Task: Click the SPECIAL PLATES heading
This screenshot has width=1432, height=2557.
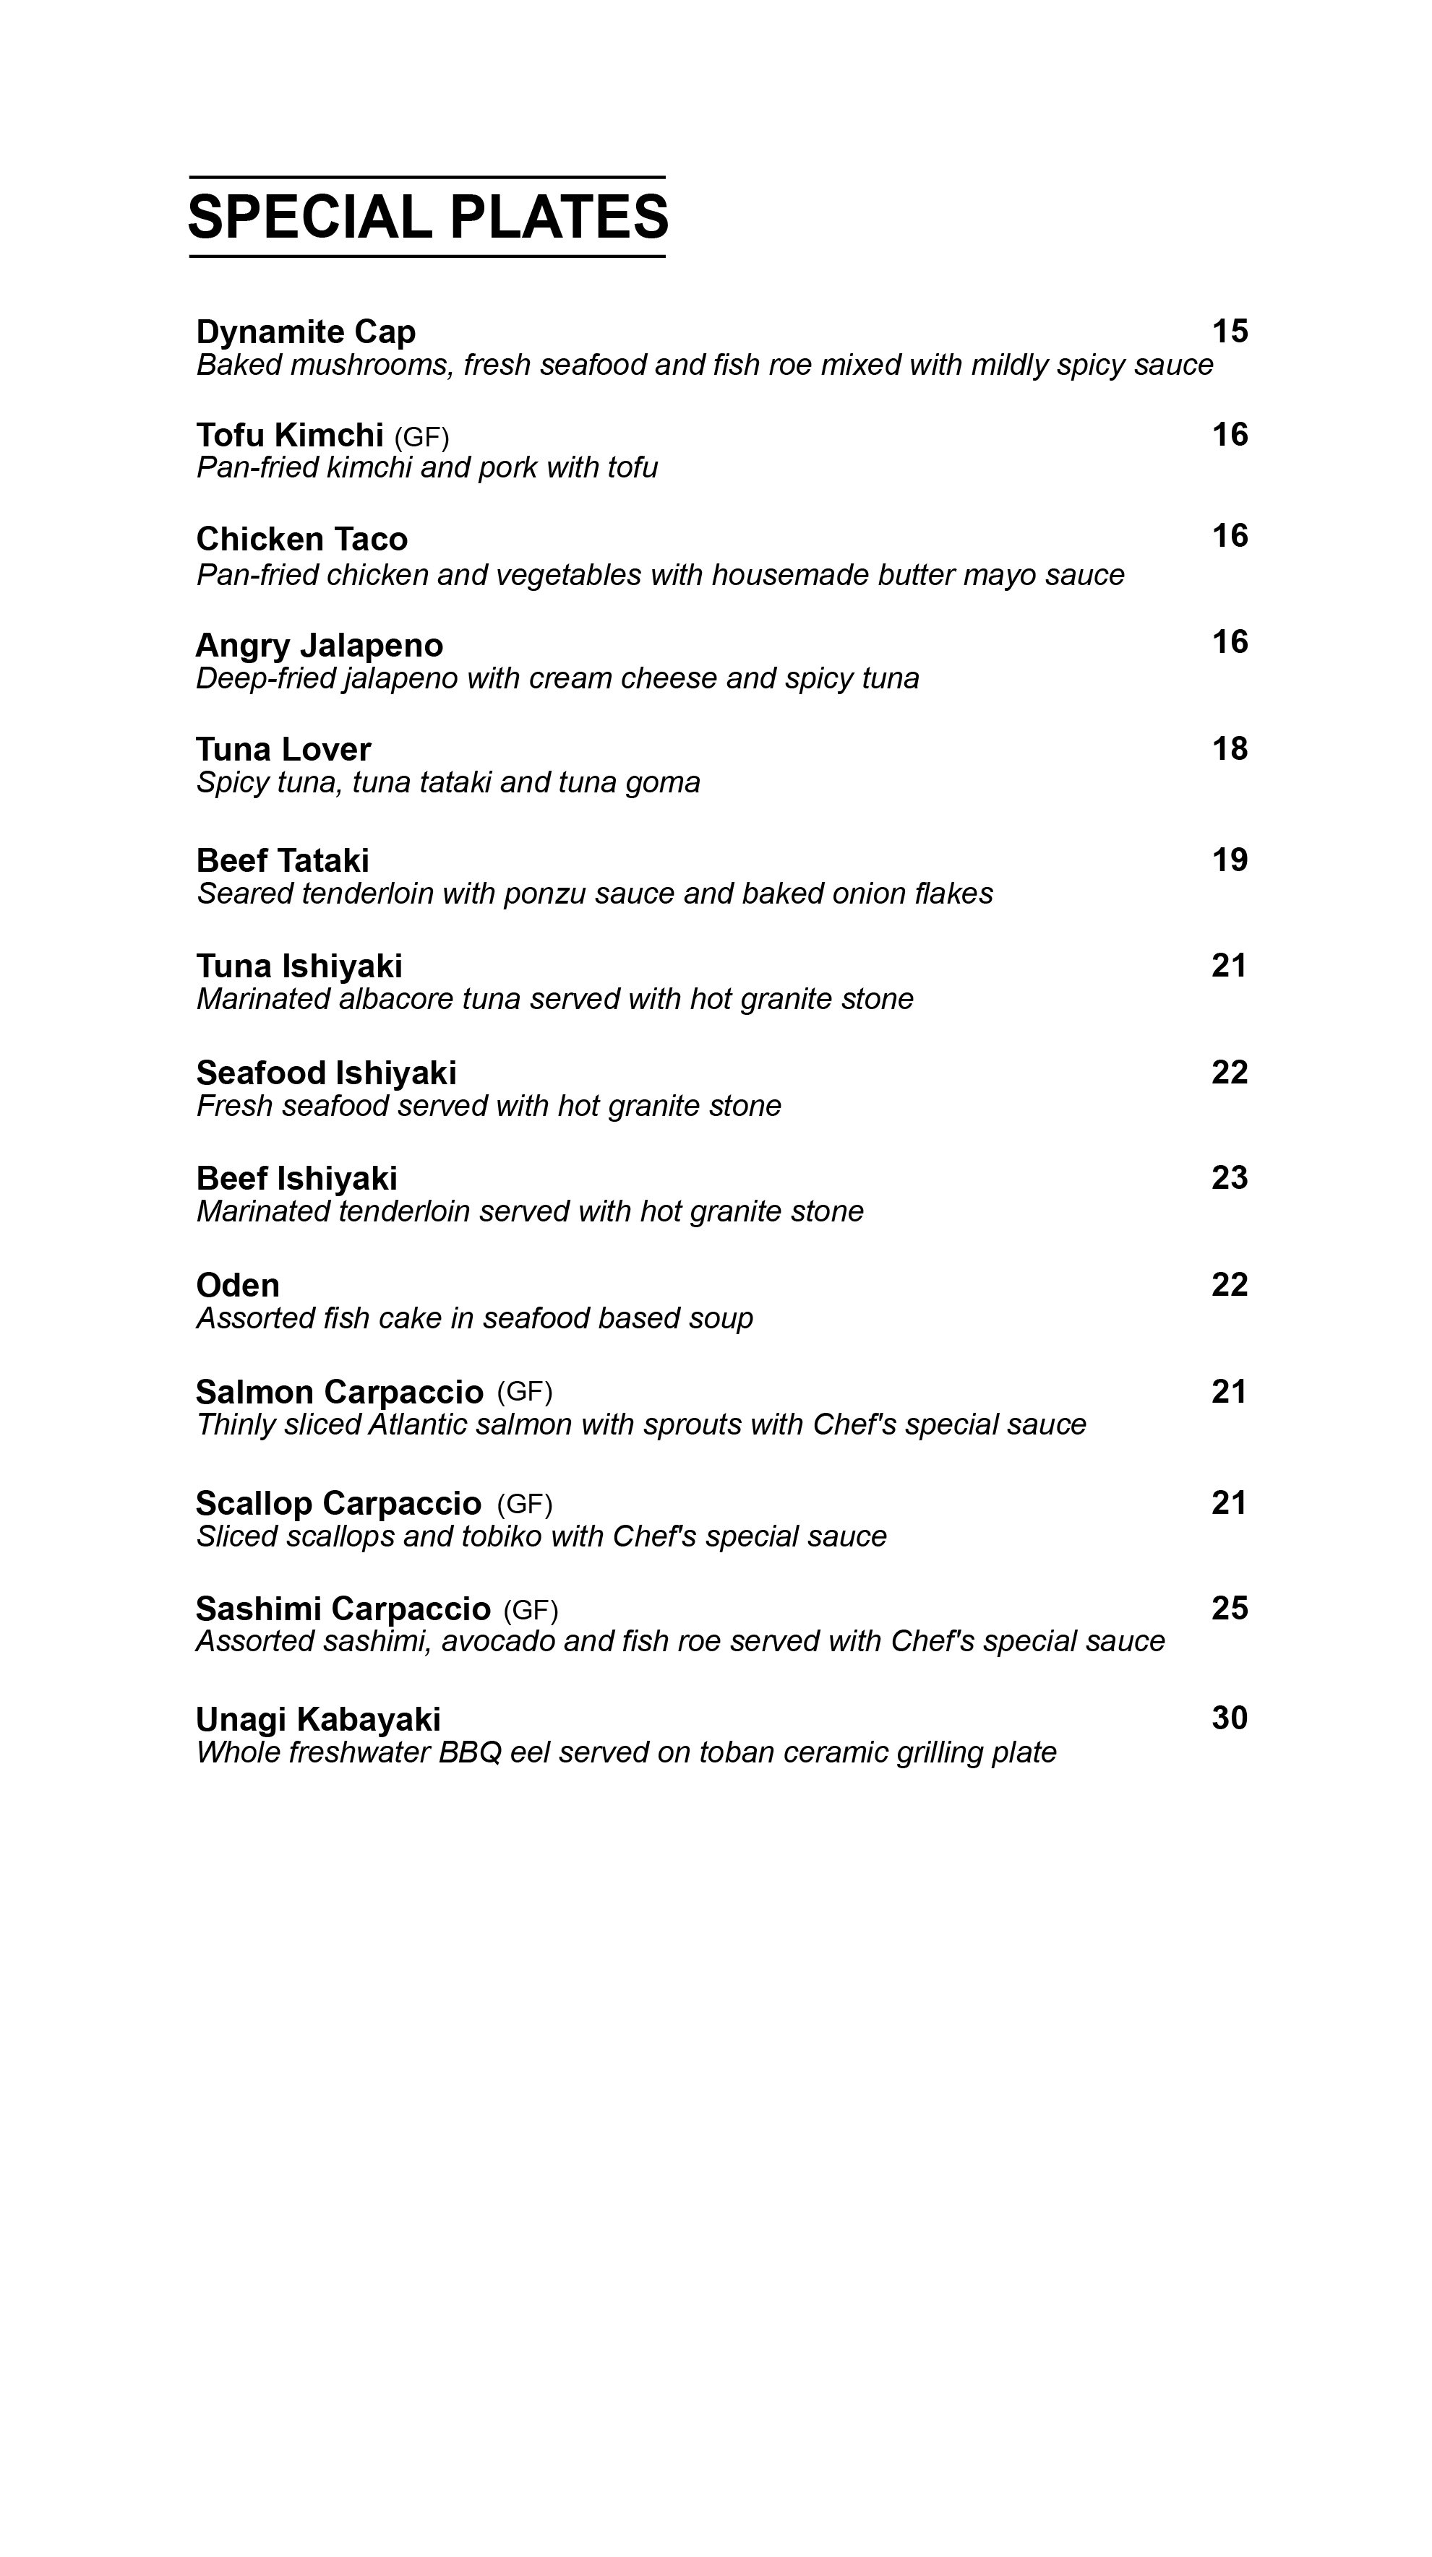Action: point(427,217)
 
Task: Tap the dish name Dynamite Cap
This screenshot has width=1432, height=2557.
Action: point(306,332)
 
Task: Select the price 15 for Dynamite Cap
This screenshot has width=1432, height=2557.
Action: point(1230,331)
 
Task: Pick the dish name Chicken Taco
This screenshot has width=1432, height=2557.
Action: point(302,539)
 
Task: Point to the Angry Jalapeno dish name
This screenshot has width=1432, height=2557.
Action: point(320,645)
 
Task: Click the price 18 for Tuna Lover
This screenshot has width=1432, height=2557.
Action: point(1230,748)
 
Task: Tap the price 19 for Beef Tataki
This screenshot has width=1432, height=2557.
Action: point(1230,860)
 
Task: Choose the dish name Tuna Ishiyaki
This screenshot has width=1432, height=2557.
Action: point(299,966)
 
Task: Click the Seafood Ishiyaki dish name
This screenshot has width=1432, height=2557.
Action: point(327,1073)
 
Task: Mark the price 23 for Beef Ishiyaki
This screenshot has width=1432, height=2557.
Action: point(1230,1177)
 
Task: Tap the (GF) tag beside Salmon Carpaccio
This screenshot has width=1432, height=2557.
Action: point(524,1392)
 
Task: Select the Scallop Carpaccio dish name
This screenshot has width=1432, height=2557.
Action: point(338,1503)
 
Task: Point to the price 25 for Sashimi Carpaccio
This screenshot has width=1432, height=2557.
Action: point(1230,1608)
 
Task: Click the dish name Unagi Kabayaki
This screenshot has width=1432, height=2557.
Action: point(318,1719)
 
